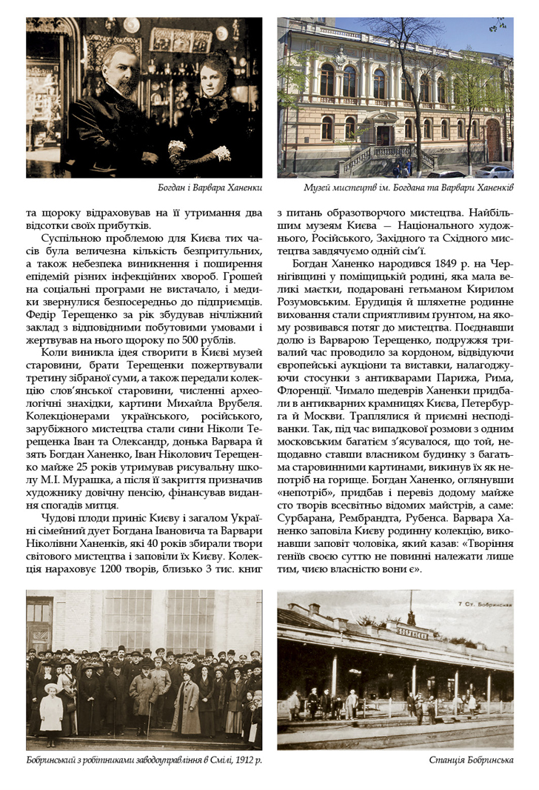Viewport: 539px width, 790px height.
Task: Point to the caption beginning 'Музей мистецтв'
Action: pyautogui.click(x=408, y=187)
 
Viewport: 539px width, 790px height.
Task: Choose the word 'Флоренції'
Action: pyautogui.click(x=306, y=389)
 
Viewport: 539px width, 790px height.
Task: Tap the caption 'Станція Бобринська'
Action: pyautogui.click(x=471, y=760)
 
